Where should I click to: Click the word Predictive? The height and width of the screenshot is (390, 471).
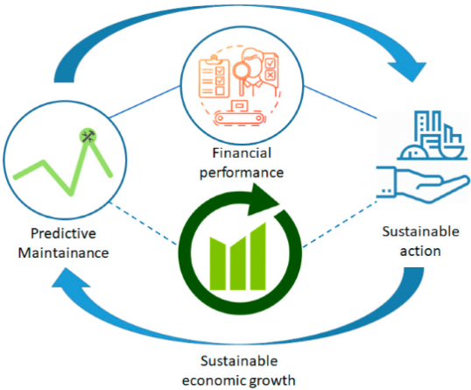tap(63, 233)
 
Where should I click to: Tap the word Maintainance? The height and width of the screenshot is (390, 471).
tap(63, 253)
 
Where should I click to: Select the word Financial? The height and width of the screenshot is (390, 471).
tap(242, 152)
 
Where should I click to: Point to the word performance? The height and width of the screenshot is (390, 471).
tap(242, 173)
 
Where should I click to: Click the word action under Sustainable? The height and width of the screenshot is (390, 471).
tap(420, 251)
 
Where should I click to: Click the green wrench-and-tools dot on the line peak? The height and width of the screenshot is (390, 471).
tap(88, 137)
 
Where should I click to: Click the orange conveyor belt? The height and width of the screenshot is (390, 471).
tap(239, 117)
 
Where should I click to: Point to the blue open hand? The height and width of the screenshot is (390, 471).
tap(423, 183)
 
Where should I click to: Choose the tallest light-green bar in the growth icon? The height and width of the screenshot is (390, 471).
tap(258, 256)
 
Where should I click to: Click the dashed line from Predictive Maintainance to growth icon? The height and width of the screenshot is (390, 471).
tap(143, 223)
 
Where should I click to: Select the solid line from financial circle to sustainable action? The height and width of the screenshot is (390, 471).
tap(340, 102)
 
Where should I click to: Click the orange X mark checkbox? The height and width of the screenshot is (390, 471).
tap(270, 74)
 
